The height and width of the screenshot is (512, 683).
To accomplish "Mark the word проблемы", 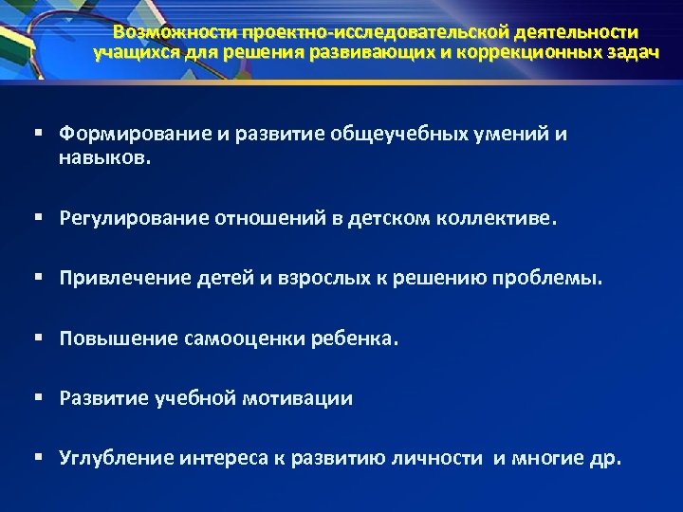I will [x=554, y=280].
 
